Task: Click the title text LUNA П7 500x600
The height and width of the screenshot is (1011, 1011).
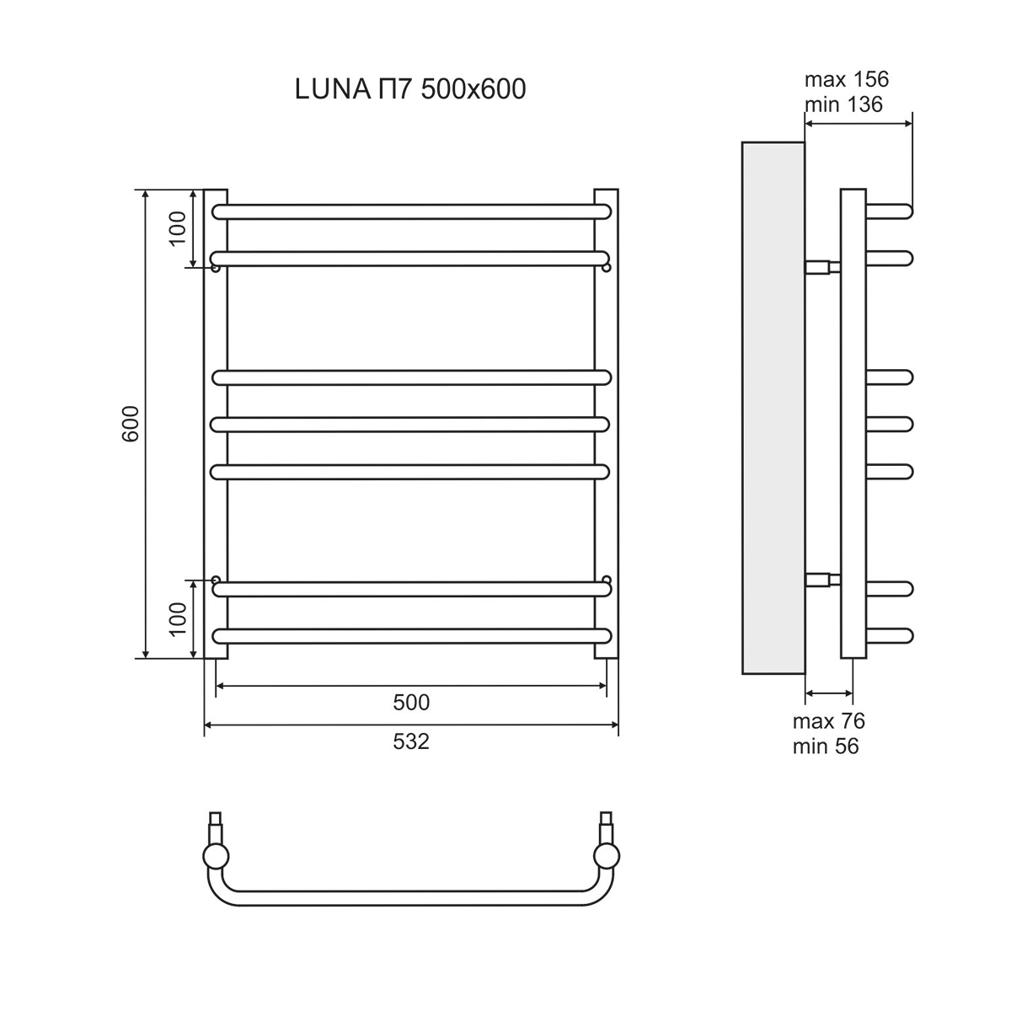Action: (x=410, y=89)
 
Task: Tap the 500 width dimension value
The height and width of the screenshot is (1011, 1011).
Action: (x=411, y=702)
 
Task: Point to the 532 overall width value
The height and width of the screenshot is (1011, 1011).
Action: (x=411, y=741)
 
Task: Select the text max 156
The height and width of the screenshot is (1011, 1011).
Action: (x=846, y=80)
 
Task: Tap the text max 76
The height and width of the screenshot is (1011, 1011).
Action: (x=828, y=721)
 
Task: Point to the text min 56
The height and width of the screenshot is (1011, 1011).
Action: (x=826, y=746)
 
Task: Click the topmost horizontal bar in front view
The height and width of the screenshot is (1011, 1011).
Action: (x=411, y=211)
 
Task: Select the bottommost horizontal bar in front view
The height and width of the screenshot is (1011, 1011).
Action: (x=411, y=636)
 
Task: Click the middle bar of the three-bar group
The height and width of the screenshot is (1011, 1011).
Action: (x=411, y=424)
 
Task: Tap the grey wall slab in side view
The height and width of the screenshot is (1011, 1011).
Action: (x=773, y=409)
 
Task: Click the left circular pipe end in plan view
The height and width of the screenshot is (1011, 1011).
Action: (x=216, y=857)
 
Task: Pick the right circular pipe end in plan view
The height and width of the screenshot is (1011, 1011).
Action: (x=607, y=857)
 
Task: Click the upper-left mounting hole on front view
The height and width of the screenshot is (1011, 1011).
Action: (x=216, y=268)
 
